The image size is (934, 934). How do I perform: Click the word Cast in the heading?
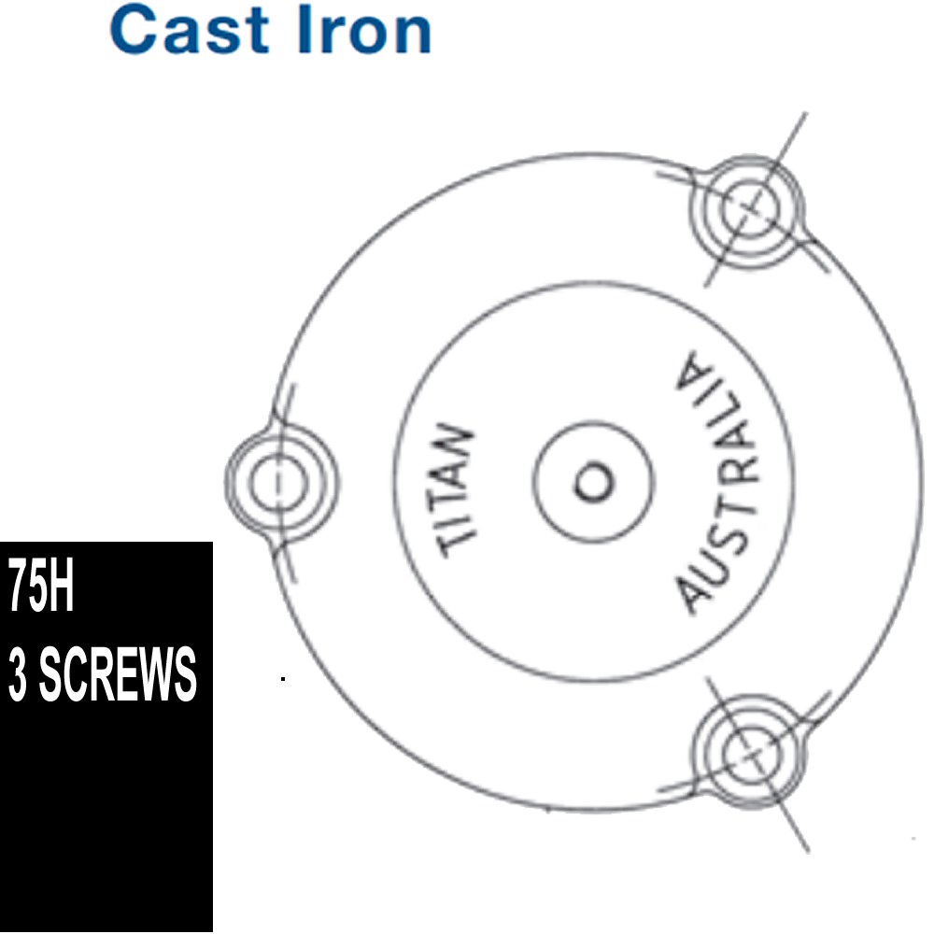190,29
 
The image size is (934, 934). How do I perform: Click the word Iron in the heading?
364,29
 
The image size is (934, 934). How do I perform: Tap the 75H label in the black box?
40,587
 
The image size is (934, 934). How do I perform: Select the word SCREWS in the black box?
118,673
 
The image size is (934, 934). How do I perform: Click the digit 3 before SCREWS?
18,673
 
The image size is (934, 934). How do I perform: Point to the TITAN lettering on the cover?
457,489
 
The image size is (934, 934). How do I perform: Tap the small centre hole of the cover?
593,481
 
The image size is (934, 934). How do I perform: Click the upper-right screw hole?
749,207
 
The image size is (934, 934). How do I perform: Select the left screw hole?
278,482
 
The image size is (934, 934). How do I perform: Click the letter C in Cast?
131,29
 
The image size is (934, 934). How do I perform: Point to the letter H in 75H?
62,587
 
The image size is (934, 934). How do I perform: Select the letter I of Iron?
304,29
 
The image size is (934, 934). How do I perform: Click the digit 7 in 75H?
17,587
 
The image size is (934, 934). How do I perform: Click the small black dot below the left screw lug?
283,678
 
